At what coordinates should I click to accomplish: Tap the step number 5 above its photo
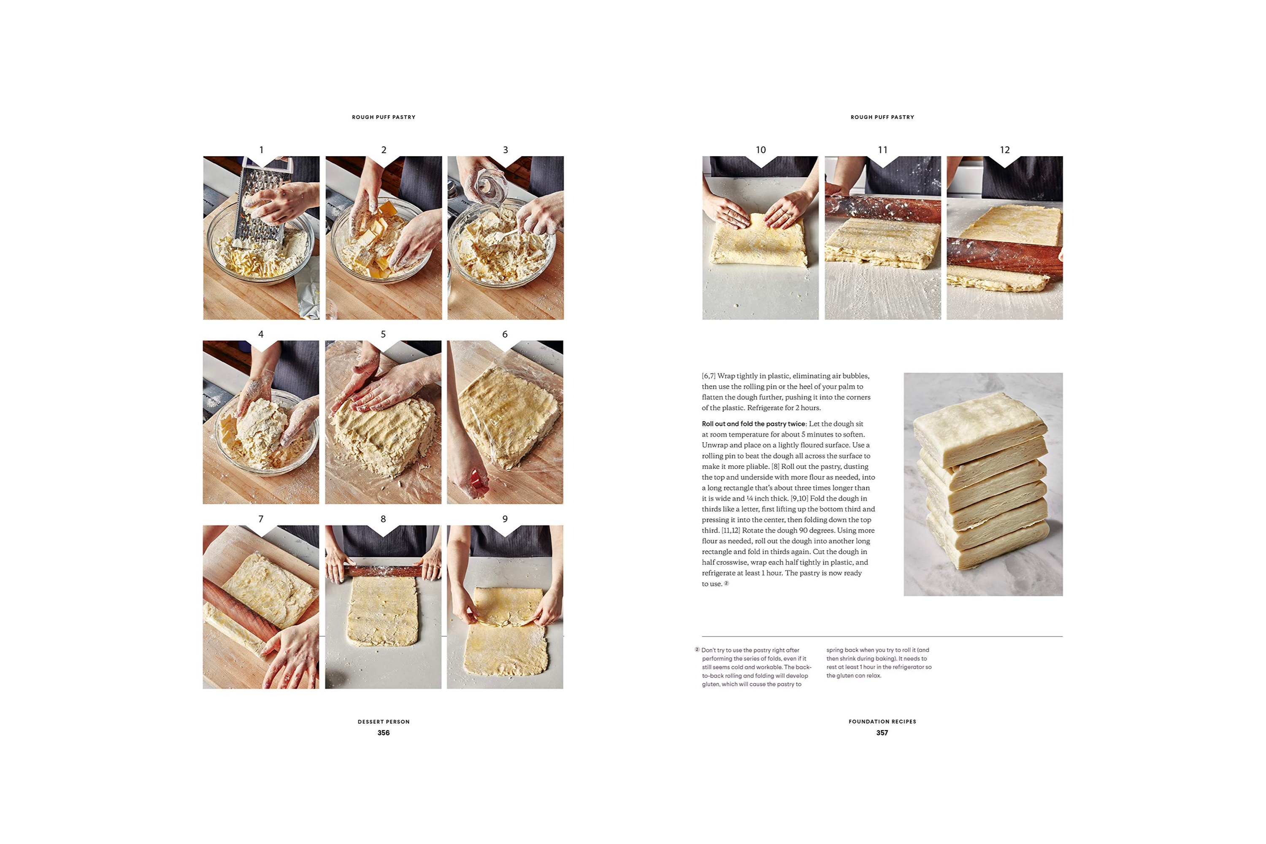coord(383,334)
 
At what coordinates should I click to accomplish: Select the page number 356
coord(383,733)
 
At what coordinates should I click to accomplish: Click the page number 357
coord(882,733)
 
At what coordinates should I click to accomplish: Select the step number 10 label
coord(760,150)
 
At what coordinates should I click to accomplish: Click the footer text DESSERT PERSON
coord(383,722)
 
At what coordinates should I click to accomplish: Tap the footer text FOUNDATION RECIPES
coord(882,722)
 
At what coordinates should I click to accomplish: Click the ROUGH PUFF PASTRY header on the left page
coord(383,117)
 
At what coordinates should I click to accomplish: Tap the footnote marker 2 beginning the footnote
coord(697,650)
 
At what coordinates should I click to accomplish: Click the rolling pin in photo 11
coord(883,207)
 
